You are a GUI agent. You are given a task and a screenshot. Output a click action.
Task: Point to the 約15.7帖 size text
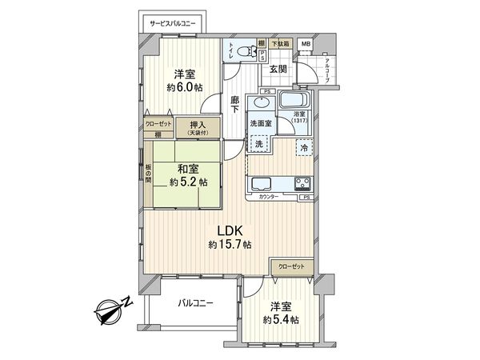tap(228, 244)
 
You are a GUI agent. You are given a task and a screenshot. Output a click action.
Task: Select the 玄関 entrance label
tap(278, 70)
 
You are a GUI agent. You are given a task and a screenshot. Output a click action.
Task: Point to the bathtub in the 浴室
tap(293, 102)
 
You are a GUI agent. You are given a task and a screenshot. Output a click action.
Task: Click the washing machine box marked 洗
tap(259, 145)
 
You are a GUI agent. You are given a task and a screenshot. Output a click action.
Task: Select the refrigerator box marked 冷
tap(305, 146)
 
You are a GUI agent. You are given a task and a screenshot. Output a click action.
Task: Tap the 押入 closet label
tap(196, 125)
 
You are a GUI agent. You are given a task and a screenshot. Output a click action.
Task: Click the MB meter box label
tap(306, 43)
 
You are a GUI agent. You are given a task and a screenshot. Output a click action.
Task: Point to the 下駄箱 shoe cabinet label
tap(279, 43)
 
